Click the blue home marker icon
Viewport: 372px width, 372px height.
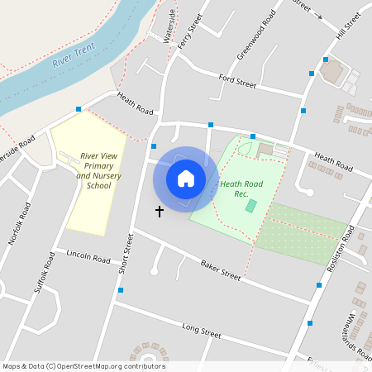(186, 179)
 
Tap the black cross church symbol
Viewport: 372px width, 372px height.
(160, 212)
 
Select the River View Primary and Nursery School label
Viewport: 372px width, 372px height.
(93, 170)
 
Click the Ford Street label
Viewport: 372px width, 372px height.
(238, 81)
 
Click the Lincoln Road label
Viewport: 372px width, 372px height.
(88, 258)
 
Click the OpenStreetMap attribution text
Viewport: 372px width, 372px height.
(83, 366)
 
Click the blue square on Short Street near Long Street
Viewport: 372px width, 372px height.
(121, 290)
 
